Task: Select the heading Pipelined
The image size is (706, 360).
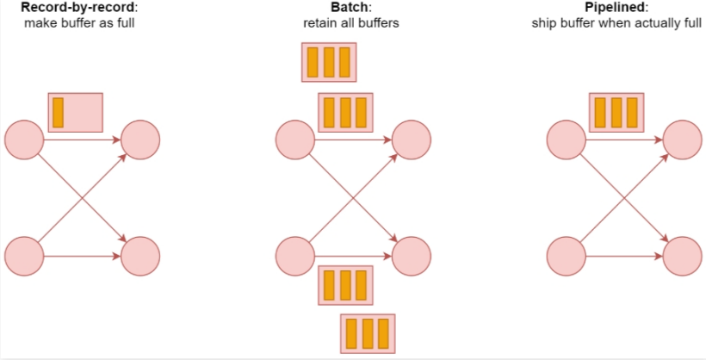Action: (616, 7)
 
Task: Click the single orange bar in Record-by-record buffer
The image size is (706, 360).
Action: (59, 113)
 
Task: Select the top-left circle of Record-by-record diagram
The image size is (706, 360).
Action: (24, 139)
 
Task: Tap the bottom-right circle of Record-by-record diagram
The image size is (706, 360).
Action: (141, 256)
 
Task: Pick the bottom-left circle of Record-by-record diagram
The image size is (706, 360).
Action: (24, 256)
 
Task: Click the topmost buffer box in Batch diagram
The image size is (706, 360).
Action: (329, 63)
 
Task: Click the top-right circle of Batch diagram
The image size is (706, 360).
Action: (412, 139)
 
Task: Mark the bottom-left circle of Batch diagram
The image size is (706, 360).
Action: (295, 256)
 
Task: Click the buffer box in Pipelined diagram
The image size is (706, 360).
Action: (616, 113)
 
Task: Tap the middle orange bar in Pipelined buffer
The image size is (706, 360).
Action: (616, 113)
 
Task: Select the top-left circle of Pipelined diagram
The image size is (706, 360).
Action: (567, 139)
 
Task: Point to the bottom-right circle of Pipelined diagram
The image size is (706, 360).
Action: (684, 256)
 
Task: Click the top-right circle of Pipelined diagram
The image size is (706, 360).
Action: (684, 139)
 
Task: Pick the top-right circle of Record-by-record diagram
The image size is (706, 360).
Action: (141, 139)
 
